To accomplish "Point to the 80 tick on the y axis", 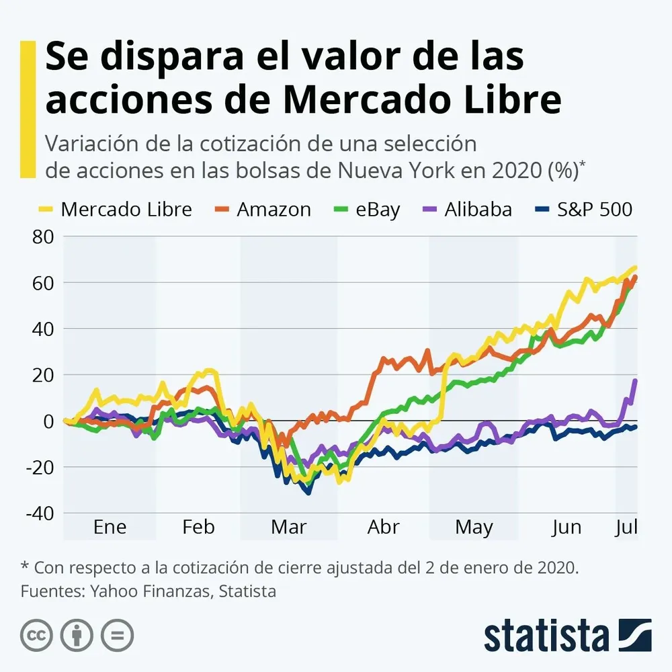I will [x=40, y=237].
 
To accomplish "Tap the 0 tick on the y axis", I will [x=48, y=421].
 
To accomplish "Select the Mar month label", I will [x=288, y=527].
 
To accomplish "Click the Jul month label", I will [x=626, y=527].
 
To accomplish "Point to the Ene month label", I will [x=110, y=527].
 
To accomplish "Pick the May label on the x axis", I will [x=474, y=527].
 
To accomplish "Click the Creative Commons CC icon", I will [x=37, y=634].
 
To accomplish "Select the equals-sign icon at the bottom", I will [x=117, y=634].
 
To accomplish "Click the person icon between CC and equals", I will [x=77, y=634].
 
